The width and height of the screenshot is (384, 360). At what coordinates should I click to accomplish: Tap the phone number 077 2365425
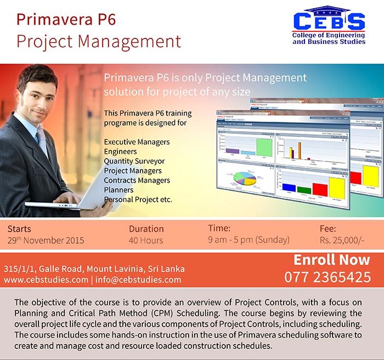coord(327,277)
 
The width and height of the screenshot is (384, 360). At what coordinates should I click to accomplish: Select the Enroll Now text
coord(332,260)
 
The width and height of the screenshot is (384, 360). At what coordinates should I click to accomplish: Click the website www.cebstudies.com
coord(46,280)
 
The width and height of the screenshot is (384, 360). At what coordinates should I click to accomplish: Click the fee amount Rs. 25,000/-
coord(341,240)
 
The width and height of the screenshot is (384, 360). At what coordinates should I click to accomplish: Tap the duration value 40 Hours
coord(146,240)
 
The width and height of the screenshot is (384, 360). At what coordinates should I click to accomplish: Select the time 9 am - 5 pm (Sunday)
coord(249,240)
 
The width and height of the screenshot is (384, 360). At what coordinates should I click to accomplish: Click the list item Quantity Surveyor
coord(134,161)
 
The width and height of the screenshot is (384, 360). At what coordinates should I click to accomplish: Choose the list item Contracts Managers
coord(137,181)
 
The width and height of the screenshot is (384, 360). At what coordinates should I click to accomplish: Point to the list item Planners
coord(118,190)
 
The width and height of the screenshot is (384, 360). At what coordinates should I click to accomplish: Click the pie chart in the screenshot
coord(245,179)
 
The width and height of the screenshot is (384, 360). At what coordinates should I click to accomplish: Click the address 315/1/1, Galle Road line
coord(94,269)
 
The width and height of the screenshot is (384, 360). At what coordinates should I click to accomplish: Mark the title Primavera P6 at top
coord(66,20)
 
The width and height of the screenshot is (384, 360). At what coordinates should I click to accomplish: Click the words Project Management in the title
coord(99,41)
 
